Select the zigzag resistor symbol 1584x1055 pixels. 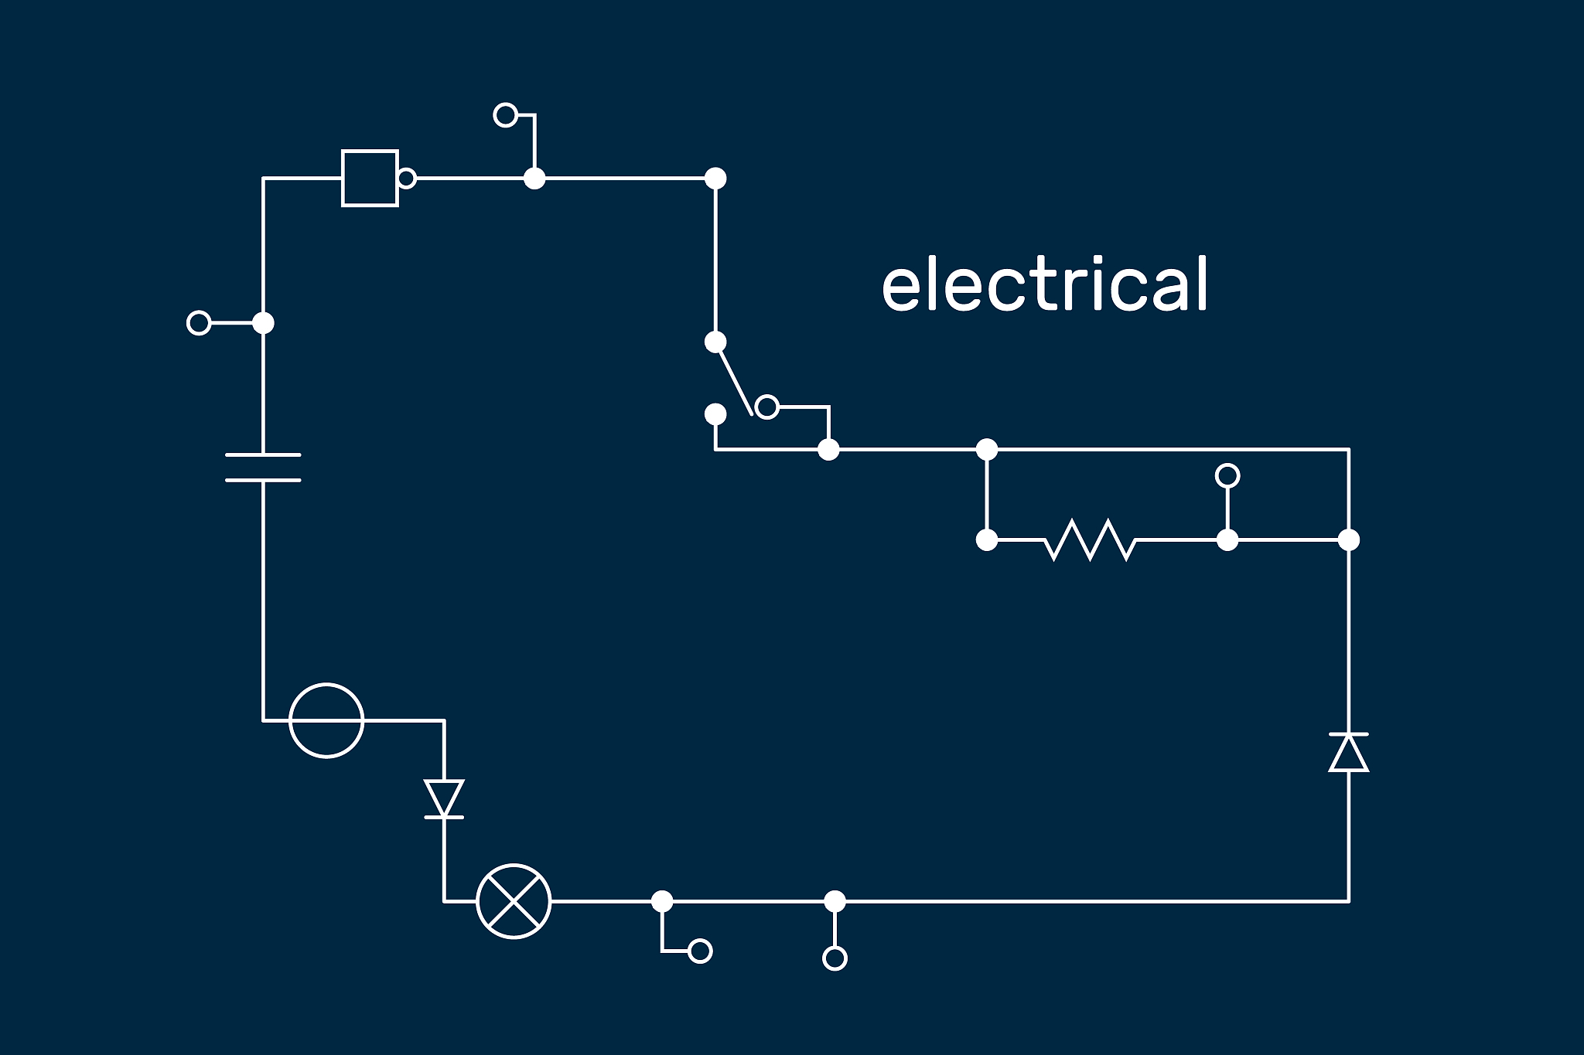[x=1090, y=539]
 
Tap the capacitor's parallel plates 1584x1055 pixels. [x=263, y=468]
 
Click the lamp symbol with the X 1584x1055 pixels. [x=514, y=901]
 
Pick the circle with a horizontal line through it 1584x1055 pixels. [x=326, y=720]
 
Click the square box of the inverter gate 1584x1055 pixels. [x=370, y=179]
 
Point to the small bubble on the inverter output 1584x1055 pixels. [x=407, y=179]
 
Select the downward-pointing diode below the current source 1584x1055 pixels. [x=444, y=798]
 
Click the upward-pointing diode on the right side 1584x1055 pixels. [x=1349, y=752]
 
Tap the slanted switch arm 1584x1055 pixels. [x=734, y=379]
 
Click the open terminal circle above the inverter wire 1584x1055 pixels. [x=505, y=115]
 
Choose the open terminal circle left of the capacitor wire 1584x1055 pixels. [x=199, y=322]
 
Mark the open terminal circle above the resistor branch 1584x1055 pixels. [x=1227, y=475]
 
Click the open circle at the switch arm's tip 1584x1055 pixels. [x=766, y=407]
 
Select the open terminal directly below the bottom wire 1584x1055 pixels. [x=835, y=958]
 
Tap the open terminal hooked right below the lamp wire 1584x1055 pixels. [x=700, y=951]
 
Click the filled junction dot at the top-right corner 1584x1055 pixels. [x=715, y=179]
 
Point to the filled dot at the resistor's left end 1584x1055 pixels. [x=987, y=539]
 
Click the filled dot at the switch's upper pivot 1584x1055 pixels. [x=715, y=342]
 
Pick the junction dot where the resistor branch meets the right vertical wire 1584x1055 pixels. [x=1349, y=539]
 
